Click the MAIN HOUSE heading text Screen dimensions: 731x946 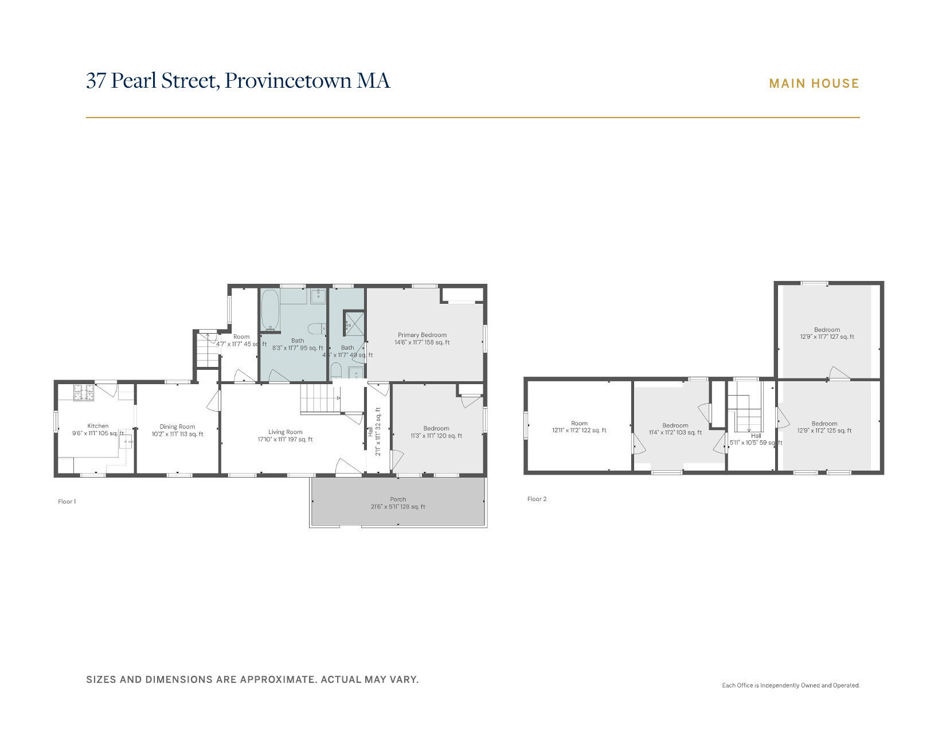[814, 84]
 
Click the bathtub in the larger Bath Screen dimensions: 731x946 [271, 310]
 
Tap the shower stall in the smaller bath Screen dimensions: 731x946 [354, 323]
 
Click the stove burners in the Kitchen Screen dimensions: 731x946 [84, 392]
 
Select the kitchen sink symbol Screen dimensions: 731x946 [126, 441]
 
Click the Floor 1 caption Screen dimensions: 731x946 [67, 502]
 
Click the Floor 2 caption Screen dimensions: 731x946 [537, 499]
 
